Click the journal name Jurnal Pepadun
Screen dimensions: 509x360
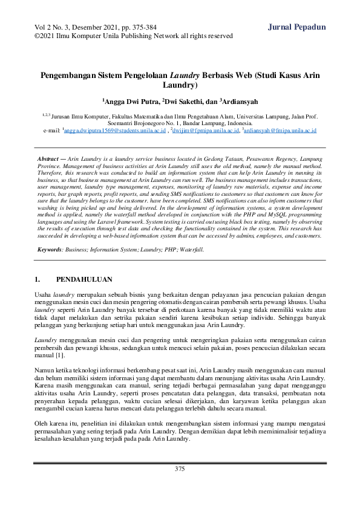[x=296, y=27]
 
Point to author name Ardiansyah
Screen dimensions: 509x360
[x=240, y=102]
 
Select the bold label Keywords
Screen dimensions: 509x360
[x=50, y=249]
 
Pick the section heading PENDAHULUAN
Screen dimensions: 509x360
[x=84, y=280]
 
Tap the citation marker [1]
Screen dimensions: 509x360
[x=61, y=354]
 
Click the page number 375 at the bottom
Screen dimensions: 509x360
[x=180, y=469]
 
